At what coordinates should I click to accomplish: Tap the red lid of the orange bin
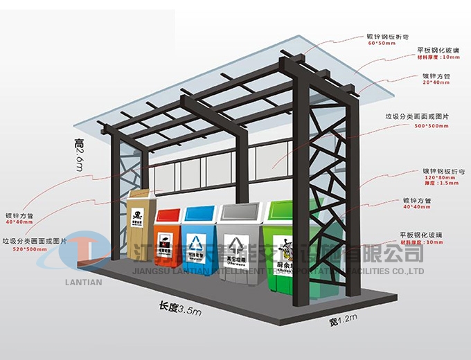click(168, 214)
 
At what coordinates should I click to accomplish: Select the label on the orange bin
click(166, 242)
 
